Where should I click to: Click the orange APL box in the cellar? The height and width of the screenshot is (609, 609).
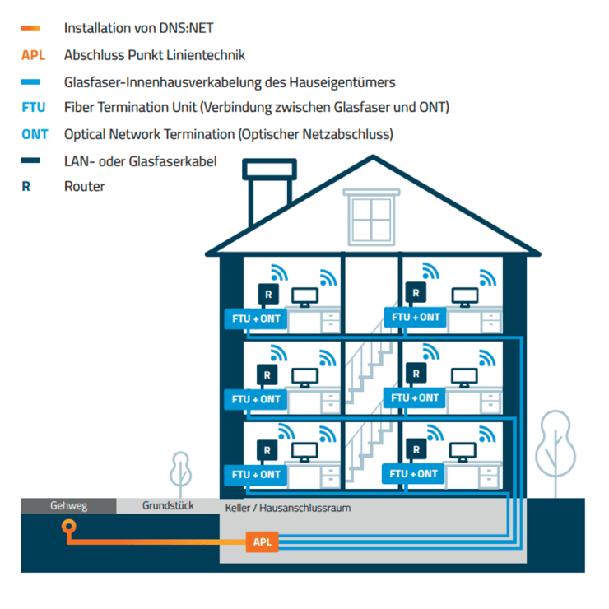click(x=262, y=542)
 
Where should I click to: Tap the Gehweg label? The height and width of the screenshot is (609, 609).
click(x=68, y=505)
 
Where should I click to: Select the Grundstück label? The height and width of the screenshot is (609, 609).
click(x=168, y=505)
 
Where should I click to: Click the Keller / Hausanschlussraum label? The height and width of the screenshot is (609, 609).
click(x=287, y=508)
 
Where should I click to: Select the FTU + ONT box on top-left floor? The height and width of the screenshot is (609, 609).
click(x=256, y=318)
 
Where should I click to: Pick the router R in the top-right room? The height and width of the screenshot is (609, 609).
click(x=416, y=292)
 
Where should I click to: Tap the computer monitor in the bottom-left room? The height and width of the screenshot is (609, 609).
click(x=305, y=452)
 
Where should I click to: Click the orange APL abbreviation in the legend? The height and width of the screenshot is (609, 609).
click(x=33, y=56)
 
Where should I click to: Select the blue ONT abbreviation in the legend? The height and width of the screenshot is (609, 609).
click(x=35, y=134)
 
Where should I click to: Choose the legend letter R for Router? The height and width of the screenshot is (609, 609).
click(x=26, y=187)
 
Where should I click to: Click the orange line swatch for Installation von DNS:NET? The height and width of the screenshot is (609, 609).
click(x=30, y=29)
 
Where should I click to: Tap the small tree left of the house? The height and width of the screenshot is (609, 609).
click(x=180, y=471)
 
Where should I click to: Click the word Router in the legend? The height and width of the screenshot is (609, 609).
click(x=84, y=187)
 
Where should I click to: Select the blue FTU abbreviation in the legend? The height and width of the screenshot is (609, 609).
click(x=34, y=108)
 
